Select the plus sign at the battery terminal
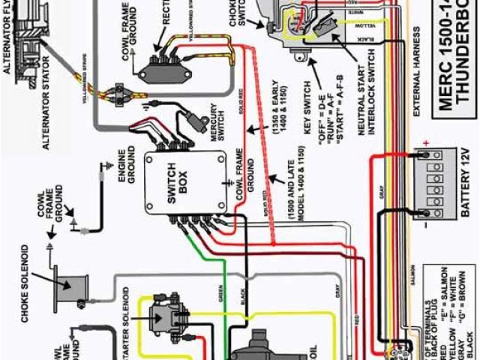coord(425,142)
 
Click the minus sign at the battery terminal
coord(425,223)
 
